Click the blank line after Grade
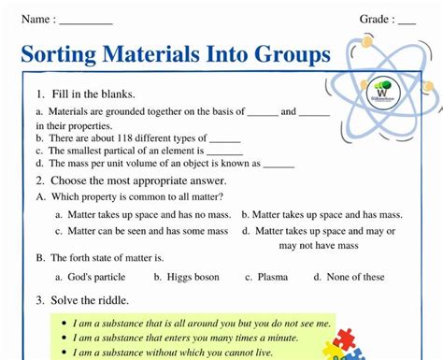pyautogui.click(x=407, y=21)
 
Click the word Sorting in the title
pyautogui.click(x=68, y=54)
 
